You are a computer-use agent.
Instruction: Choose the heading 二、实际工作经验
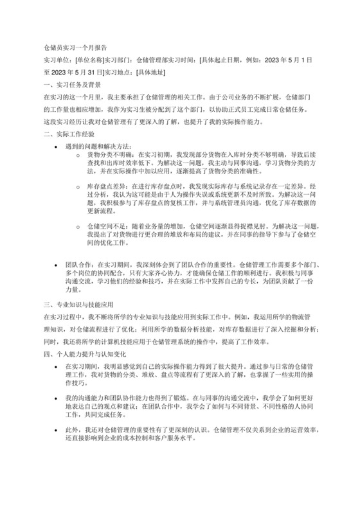tap(67, 134)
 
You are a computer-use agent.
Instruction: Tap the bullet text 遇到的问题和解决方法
tap(98, 147)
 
